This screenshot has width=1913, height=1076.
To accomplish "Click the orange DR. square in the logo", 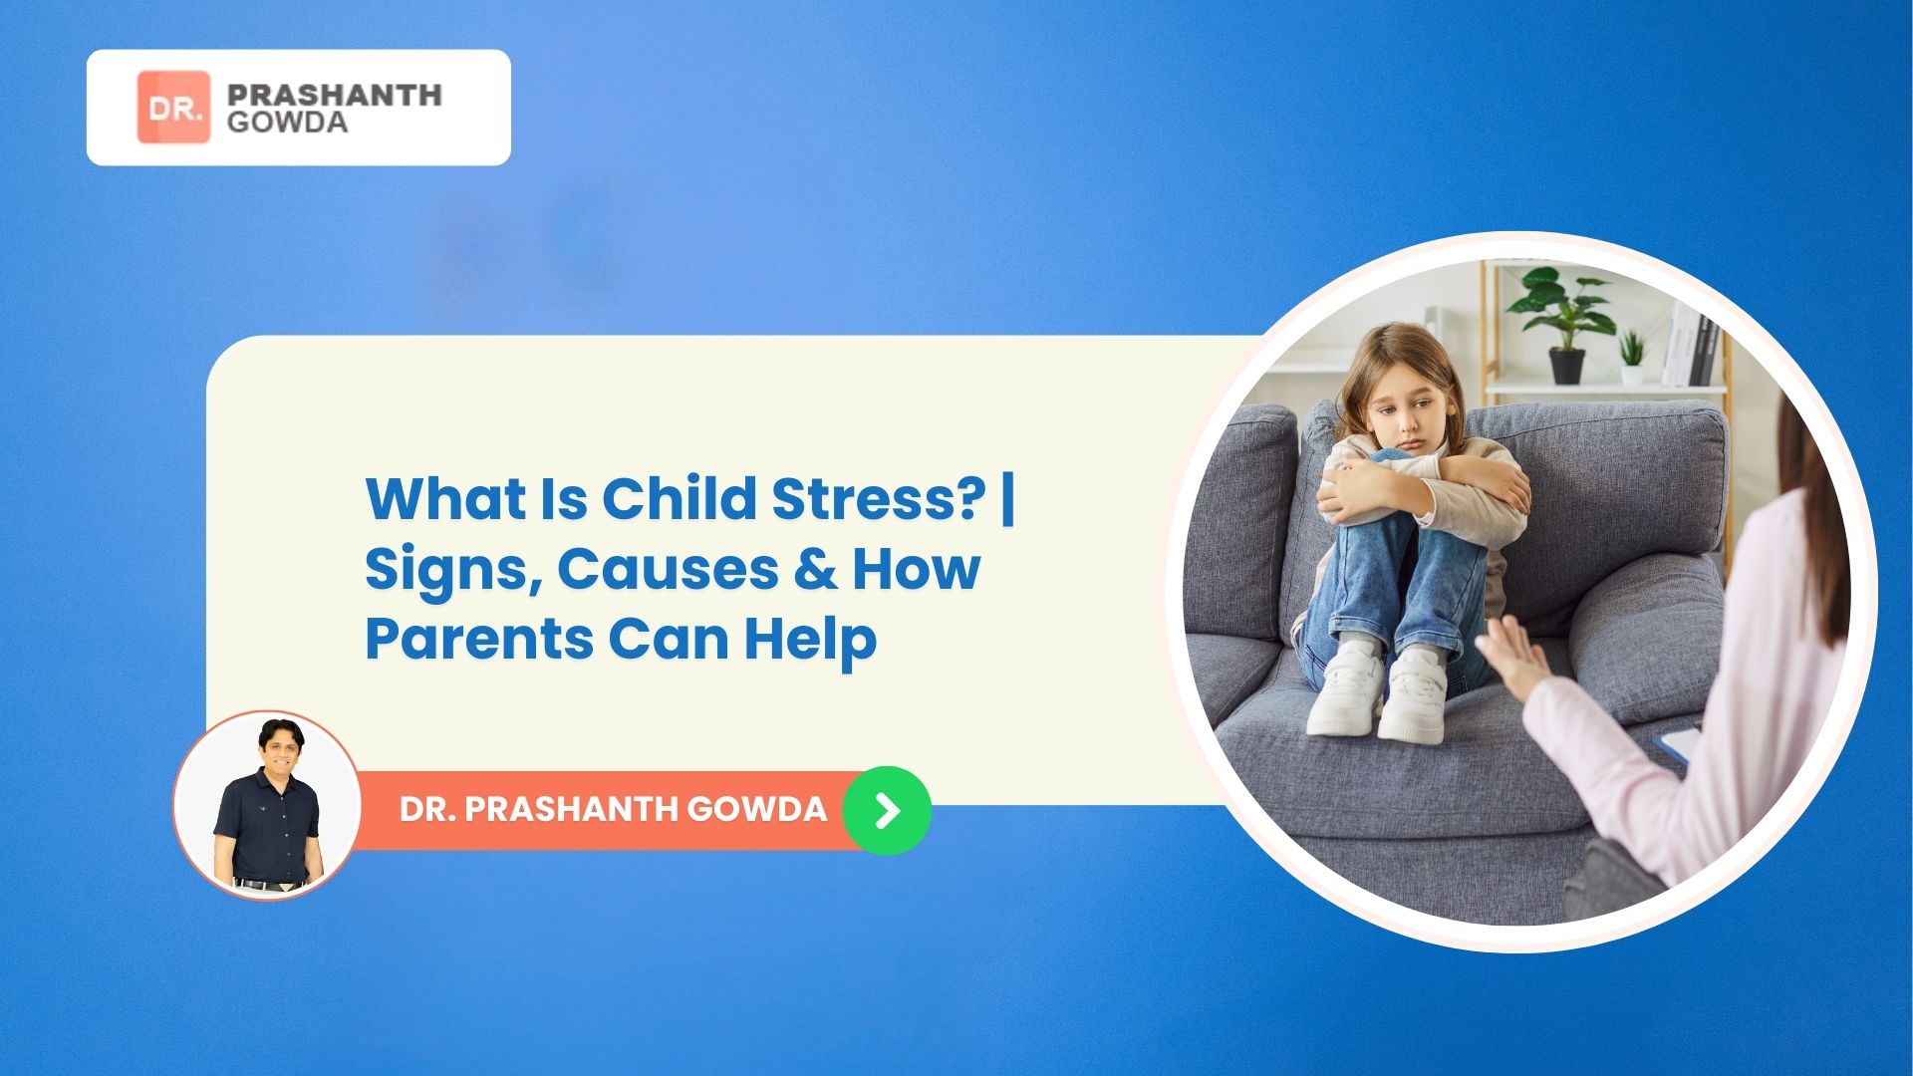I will click(173, 107).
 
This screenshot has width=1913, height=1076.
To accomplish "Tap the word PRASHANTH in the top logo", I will click(334, 95).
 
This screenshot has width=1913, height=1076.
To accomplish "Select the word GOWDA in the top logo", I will click(287, 123).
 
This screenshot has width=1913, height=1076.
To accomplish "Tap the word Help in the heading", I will click(810, 639).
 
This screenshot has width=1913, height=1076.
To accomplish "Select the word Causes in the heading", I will click(668, 569).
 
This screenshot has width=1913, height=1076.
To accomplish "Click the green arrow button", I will click(887, 810).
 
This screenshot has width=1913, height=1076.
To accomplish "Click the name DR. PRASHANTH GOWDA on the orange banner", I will click(613, 809).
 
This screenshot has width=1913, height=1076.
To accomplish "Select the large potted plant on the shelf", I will click(1563, 319).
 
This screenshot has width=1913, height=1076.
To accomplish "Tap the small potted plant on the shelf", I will click(1632, 358).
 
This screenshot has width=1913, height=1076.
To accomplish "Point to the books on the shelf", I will click(1690, 344).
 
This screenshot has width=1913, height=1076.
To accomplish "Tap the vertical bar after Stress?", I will click(1007, 498).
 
